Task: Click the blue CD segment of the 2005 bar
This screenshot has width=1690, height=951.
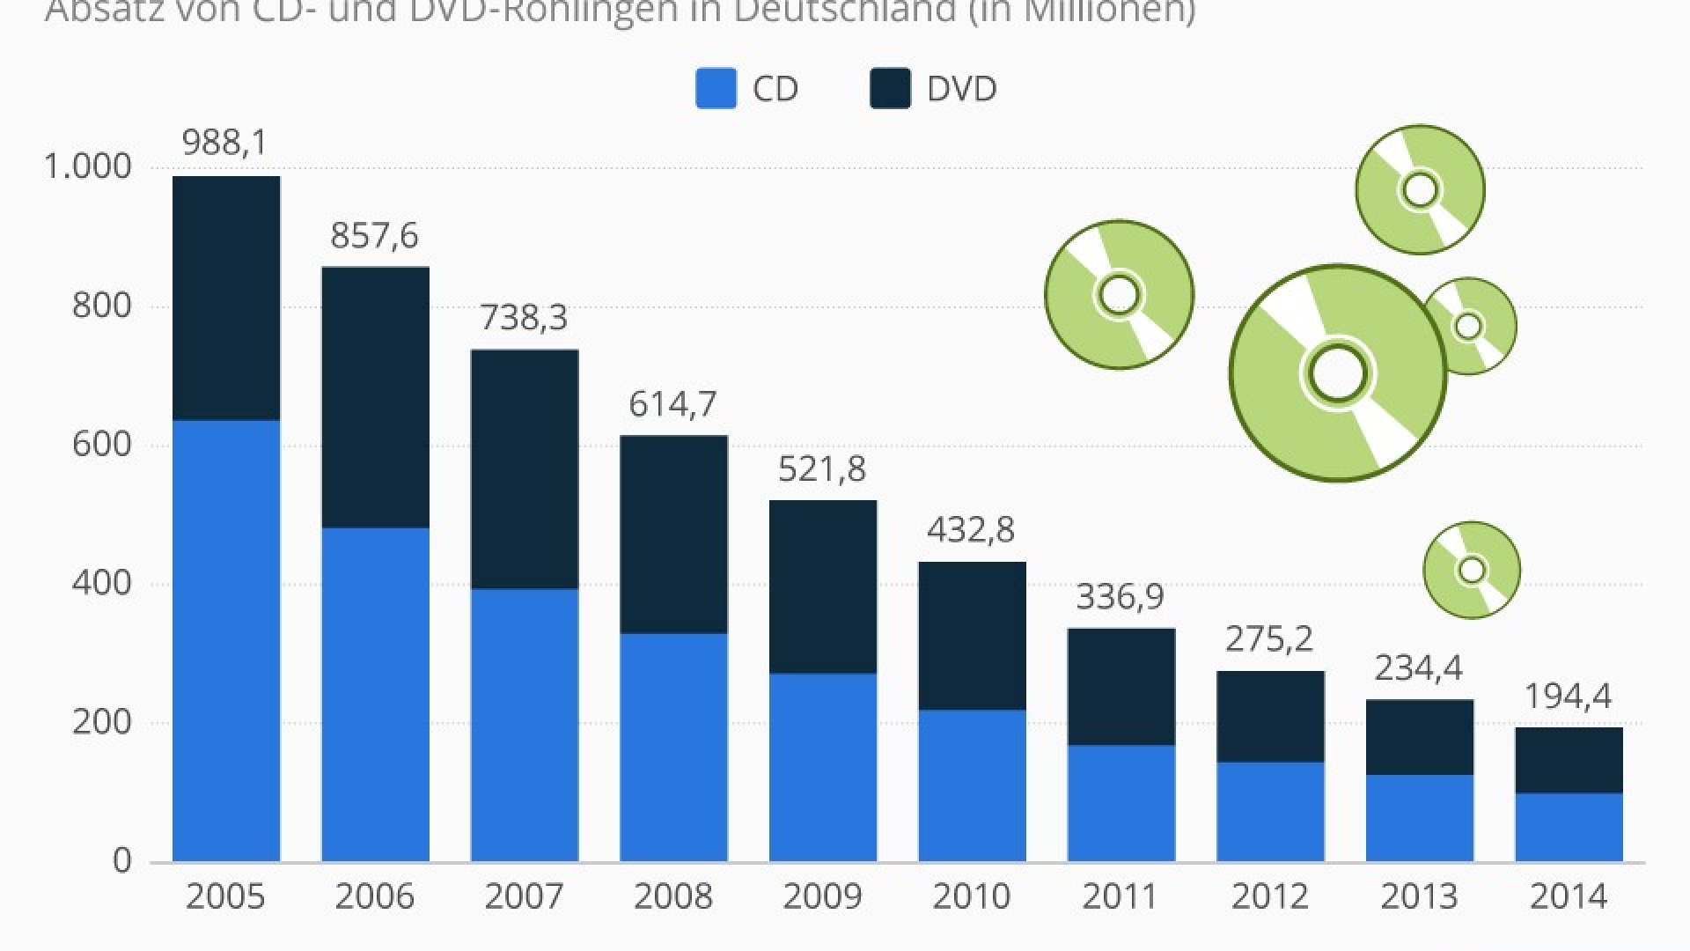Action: click(226, 640)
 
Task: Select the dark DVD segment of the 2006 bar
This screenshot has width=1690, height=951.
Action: click(376, 397)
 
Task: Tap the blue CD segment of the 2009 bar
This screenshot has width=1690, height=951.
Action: click(823, 767)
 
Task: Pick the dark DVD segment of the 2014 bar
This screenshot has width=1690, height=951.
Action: click(1569, 760)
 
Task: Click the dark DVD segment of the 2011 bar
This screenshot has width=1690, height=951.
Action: click(1121, 687)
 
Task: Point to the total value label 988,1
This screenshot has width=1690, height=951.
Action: click(224, 143)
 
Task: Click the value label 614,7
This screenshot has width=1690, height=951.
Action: click(672, 404)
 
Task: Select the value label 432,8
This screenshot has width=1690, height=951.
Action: click(971, 530)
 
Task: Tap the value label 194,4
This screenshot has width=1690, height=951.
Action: click(1568, 697)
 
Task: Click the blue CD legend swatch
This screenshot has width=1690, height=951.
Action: click(716, 89)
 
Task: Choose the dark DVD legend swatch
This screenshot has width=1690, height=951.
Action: click(890, 89)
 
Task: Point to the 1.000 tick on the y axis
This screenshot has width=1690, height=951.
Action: click(87, 166)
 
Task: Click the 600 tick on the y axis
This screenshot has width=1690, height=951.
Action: click(101, 444)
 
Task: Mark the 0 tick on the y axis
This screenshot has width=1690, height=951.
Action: click(121, 860)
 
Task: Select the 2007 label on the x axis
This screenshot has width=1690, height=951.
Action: click(524, 896)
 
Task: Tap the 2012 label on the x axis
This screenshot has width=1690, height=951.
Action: click(1269, 896)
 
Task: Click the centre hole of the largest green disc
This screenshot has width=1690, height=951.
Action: click(1337, 373)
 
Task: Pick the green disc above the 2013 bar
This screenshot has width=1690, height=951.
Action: click(1472, 570)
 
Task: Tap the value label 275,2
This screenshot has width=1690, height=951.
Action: click(1269, 638)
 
